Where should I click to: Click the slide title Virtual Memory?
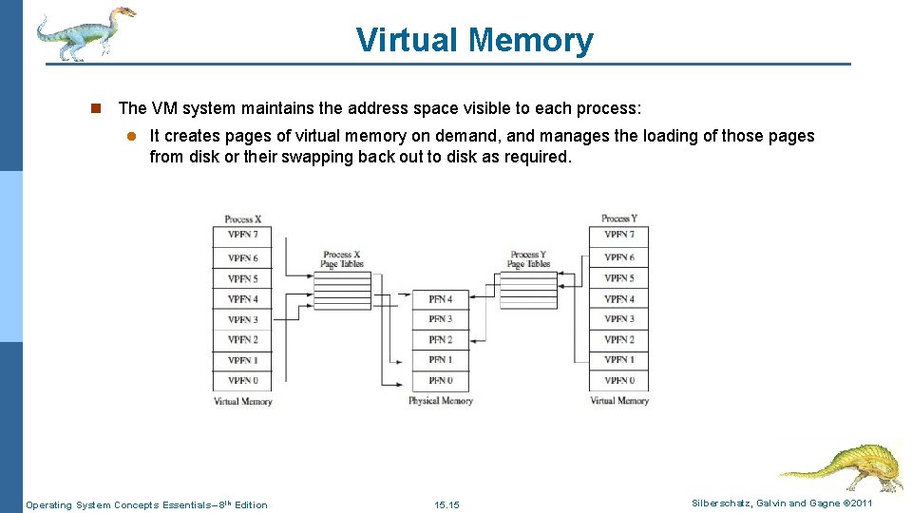474,40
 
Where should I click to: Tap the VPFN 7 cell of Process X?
242,235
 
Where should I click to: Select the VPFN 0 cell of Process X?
242,380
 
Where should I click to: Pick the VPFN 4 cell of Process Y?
618,299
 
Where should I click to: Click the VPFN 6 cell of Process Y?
618,257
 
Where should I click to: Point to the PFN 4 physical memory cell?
440,299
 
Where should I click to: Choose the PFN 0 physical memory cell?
440,380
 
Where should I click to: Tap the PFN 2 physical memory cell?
440,339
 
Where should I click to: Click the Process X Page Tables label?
342,259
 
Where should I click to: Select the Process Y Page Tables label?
528,259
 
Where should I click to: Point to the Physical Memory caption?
441,401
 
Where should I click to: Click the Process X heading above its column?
242,219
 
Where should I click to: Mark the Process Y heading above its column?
618,218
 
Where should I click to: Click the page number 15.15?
446,504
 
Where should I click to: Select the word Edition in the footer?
251,504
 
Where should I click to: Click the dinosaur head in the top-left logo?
121,16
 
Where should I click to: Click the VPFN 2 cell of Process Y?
618,339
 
